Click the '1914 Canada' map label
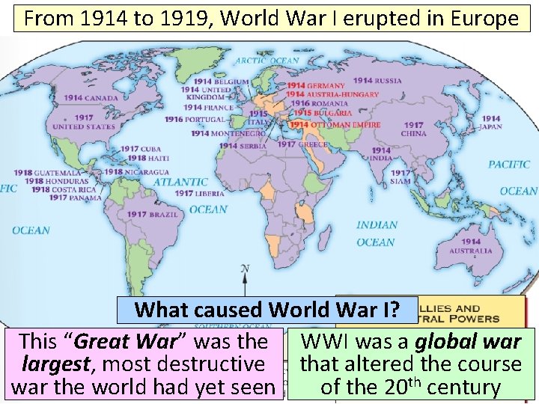tap(91, 98)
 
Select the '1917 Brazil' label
tap(147, 215)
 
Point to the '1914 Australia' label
tap(471, 246)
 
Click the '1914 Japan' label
tap(492, 123)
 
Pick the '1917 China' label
tap(413, 129)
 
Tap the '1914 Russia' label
tap(378, 81)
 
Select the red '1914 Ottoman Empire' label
tap(335, 125)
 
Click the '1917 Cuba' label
tap(141, 149)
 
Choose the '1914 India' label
tap(381, 154)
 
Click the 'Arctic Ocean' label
tap(267, 61)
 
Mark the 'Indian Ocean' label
tap(376, 233)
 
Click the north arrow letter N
tap(245, 269)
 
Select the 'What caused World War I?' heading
tap(266, 309)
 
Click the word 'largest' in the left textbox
tap(52, 364)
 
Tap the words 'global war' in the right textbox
tap(468, 342)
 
